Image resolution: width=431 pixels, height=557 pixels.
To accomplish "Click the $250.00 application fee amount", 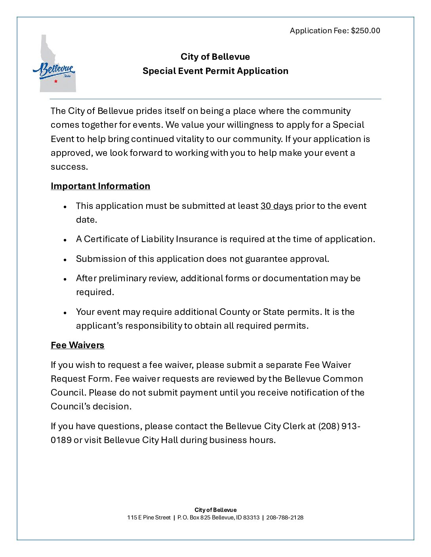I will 365,31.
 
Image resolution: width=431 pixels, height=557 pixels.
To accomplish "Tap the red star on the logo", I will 56,81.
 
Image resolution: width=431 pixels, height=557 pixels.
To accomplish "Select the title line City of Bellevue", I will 215,57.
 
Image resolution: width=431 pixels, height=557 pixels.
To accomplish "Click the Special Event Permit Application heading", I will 215,71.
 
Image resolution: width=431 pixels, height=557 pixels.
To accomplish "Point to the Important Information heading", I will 100,186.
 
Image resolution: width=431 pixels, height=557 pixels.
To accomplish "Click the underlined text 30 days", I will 277,206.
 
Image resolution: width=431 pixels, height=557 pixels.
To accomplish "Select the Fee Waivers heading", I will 77,345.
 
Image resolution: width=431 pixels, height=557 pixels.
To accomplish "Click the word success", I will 69,167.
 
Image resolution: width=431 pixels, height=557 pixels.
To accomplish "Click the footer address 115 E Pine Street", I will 149,517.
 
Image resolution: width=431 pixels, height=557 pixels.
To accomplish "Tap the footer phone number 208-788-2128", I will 285,517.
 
